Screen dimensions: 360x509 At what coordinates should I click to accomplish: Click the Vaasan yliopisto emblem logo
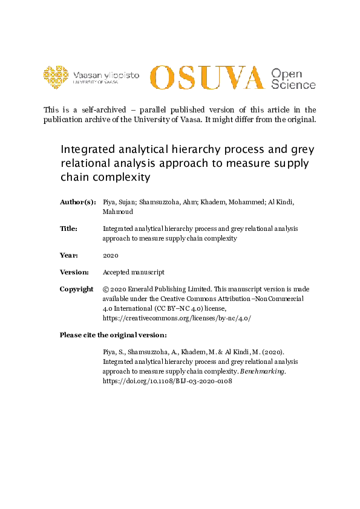pos(56,76)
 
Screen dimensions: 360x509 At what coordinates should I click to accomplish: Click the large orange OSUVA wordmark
pos(207,77)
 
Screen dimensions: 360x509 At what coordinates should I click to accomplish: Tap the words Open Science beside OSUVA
pos(293,79)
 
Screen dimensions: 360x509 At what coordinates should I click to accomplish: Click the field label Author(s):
pos(77,201)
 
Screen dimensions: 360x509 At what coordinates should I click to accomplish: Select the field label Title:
pos(68,229)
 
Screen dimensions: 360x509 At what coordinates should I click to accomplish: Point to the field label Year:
pos(68,255)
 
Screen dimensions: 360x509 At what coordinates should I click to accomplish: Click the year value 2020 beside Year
pos(111,255)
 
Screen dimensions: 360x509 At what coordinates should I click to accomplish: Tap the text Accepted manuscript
pos(133,273)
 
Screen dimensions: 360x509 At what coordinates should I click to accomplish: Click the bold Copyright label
pos(76,290)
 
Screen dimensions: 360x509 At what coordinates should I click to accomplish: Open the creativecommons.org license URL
pos(177,317)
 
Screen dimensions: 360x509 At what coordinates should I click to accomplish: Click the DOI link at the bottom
pos(168,381)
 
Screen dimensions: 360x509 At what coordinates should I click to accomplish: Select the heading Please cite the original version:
pos(113,335)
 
